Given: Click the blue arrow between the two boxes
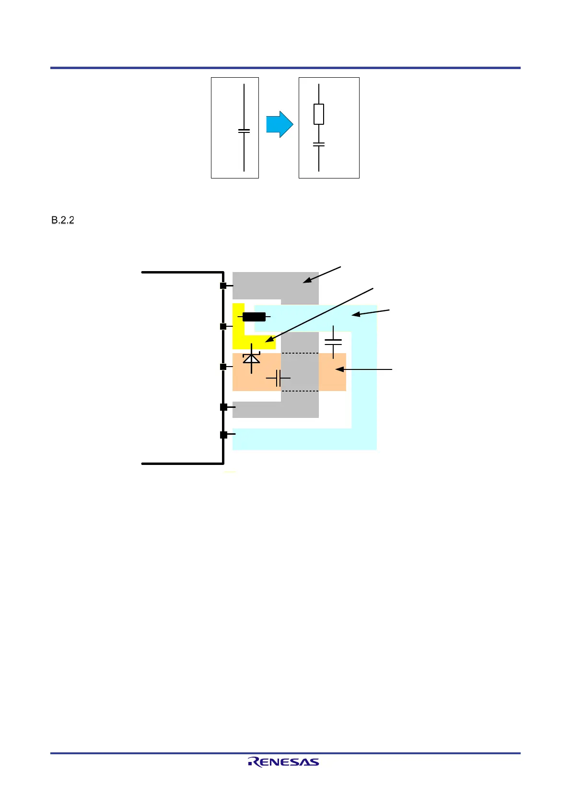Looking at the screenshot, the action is coord(280,125).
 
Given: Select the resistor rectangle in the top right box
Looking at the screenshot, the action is coord(319,114).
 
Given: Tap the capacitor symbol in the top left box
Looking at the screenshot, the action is coord(244,131).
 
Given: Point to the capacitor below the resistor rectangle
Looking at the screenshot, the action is coord(319,144).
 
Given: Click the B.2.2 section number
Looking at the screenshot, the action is coord(63,220).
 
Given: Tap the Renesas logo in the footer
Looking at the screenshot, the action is coord(283,761).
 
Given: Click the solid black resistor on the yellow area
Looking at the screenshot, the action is coord(254,317).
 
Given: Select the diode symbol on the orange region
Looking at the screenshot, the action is coord(251,358).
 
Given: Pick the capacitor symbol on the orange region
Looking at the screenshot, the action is coord(278,378).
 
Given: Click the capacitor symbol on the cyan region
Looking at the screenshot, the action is coord(333,342).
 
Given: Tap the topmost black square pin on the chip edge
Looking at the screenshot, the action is coord(223,286).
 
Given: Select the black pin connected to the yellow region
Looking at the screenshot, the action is coord(223,326).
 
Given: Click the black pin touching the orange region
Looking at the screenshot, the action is coord(223,367).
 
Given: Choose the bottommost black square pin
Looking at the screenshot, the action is coord(223,435).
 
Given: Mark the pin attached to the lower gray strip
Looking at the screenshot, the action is coord(223,407).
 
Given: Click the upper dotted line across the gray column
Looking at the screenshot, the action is coord(300,353).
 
